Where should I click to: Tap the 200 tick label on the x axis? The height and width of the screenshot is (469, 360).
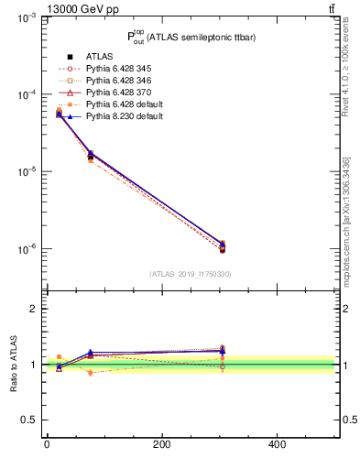click(162, 445)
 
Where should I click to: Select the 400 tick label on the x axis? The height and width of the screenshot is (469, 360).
click(277, 445)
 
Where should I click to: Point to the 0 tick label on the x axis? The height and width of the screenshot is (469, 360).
click(47, 445)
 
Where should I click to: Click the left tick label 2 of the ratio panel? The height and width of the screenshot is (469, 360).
click(32, 309)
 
